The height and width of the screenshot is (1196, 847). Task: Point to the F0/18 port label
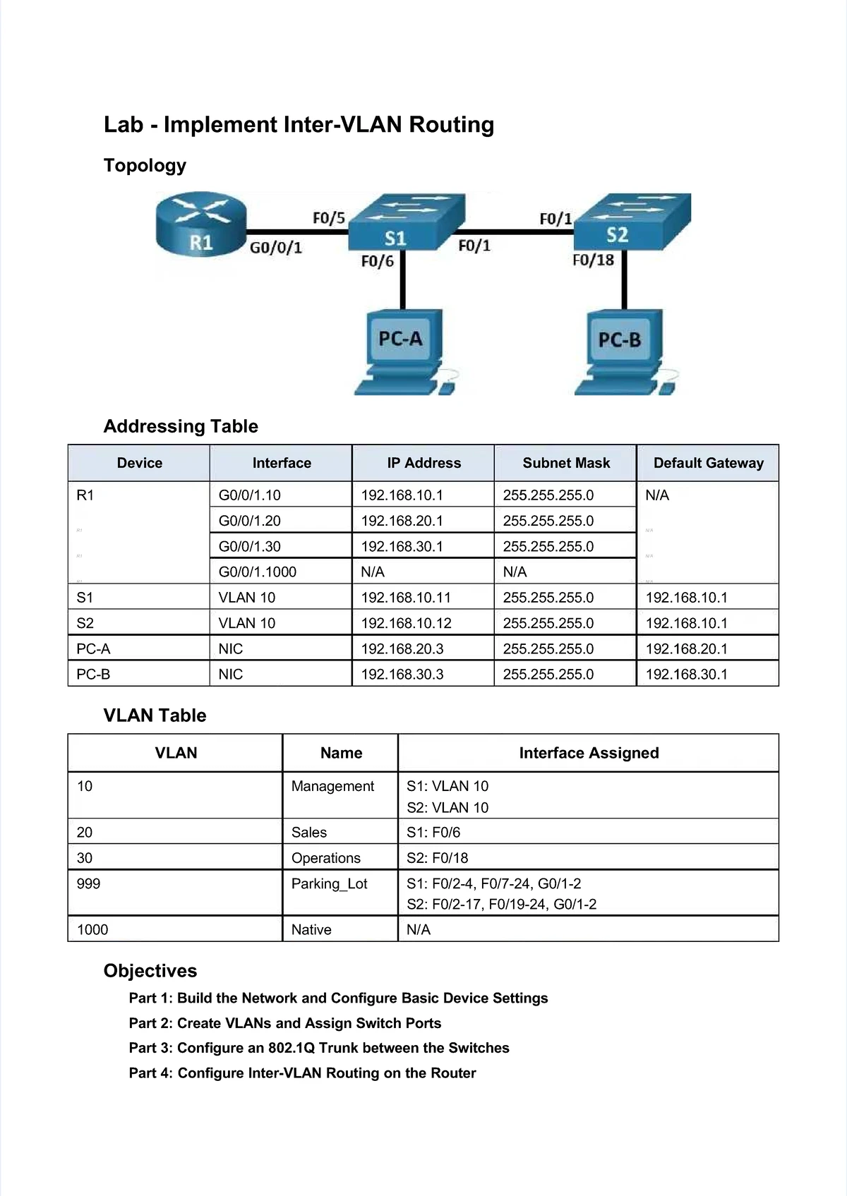[x=593, y=260]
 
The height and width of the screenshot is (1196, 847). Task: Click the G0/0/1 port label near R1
[x=276, y=248]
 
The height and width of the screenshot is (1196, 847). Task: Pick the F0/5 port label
[x=328, y=217]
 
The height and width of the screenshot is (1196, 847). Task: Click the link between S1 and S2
[x=519, y=231]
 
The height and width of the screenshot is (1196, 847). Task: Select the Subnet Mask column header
[x=566, y=463]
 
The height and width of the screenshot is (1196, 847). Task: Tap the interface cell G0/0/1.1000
[x=258, y=572]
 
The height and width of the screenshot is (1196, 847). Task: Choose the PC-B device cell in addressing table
[x=93, y=674]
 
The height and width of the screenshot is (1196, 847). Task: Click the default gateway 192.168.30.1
[x=686, y=674]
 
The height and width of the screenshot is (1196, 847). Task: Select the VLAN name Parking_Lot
[x=329, y=883]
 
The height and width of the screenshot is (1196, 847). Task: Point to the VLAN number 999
[x=88, y=883]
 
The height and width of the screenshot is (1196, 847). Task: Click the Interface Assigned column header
[x=589, y=753]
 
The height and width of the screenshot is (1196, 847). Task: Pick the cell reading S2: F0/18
[x=437, y=858]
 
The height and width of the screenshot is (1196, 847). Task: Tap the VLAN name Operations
[x=325, y=858]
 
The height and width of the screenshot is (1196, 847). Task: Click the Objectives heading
[x=150, y=971]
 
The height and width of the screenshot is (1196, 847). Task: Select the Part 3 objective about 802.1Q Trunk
[x=319, y=1048]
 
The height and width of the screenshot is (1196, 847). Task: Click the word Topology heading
[x=145, y=165]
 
